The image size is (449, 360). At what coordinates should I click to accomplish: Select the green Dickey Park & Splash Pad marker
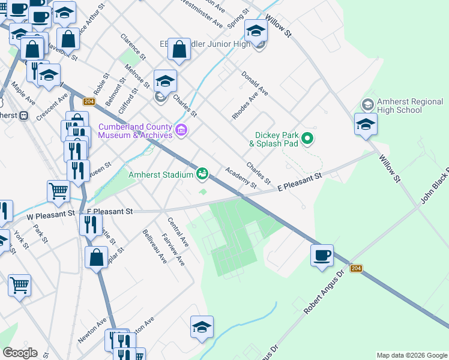coord(307,139)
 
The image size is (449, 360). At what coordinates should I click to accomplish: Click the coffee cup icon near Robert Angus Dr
coord(322,254)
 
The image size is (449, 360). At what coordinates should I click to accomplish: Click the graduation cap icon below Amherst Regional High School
coord(365,124)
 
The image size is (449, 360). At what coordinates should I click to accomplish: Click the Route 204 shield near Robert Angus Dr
coord(357,268)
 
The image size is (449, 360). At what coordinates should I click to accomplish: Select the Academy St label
coord(237,176)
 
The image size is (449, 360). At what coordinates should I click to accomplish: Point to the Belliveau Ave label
coord(155,246)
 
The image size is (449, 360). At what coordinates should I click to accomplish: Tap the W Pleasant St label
coord(50,213)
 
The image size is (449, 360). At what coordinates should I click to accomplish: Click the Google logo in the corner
coord(19,353)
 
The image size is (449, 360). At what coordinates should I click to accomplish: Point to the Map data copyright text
coord(411,355)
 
